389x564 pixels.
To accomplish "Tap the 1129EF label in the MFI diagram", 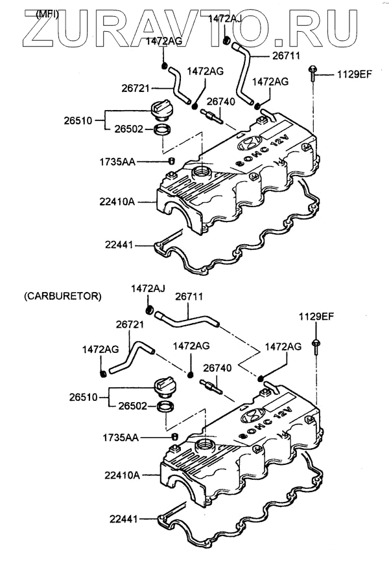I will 354,75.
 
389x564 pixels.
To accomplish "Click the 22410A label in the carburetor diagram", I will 122,475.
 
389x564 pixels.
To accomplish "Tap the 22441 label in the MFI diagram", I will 119,245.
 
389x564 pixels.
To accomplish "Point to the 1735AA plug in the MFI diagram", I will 172,161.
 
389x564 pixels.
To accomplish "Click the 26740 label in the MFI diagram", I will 219,102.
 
